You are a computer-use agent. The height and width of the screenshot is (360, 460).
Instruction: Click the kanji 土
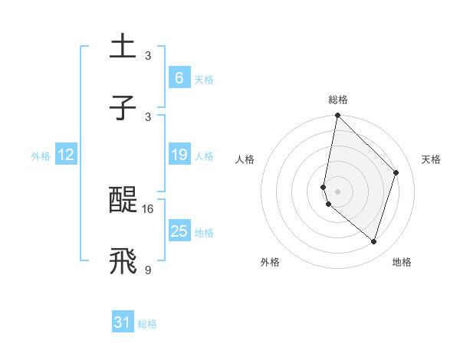coord(123,46)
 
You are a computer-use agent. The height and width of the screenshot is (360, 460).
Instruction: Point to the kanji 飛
coord(123,261)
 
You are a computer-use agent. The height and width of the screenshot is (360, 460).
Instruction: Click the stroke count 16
coord(148,208)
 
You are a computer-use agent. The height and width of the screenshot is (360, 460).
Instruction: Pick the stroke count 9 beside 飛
coord(148,269)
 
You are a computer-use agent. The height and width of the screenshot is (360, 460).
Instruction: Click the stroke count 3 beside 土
coord(148,55)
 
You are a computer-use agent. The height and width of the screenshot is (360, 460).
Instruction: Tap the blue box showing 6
coord(179,77)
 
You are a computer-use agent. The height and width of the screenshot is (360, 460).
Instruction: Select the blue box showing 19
coord(179,155)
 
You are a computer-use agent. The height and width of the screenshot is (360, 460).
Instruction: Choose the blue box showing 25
coord(179,231)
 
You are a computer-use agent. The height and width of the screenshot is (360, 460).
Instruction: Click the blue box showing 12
coord(65,155)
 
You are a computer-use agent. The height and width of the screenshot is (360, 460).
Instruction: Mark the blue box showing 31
coord(123,322)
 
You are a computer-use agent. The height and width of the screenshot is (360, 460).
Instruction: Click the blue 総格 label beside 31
coord(147,324)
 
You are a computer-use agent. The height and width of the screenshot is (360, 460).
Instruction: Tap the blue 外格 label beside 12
coord(41,156)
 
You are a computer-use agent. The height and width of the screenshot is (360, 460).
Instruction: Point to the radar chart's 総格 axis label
coord(338,100)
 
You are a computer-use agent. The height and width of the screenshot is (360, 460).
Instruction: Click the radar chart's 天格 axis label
coord(432,159)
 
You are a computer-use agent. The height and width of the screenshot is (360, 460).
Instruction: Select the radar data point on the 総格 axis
coord(337,116)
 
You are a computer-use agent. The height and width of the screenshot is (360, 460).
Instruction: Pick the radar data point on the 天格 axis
coord(396,172)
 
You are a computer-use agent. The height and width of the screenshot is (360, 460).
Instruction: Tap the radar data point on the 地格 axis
coord(373,241)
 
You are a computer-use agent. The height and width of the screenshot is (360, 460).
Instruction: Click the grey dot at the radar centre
coord(337,191)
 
